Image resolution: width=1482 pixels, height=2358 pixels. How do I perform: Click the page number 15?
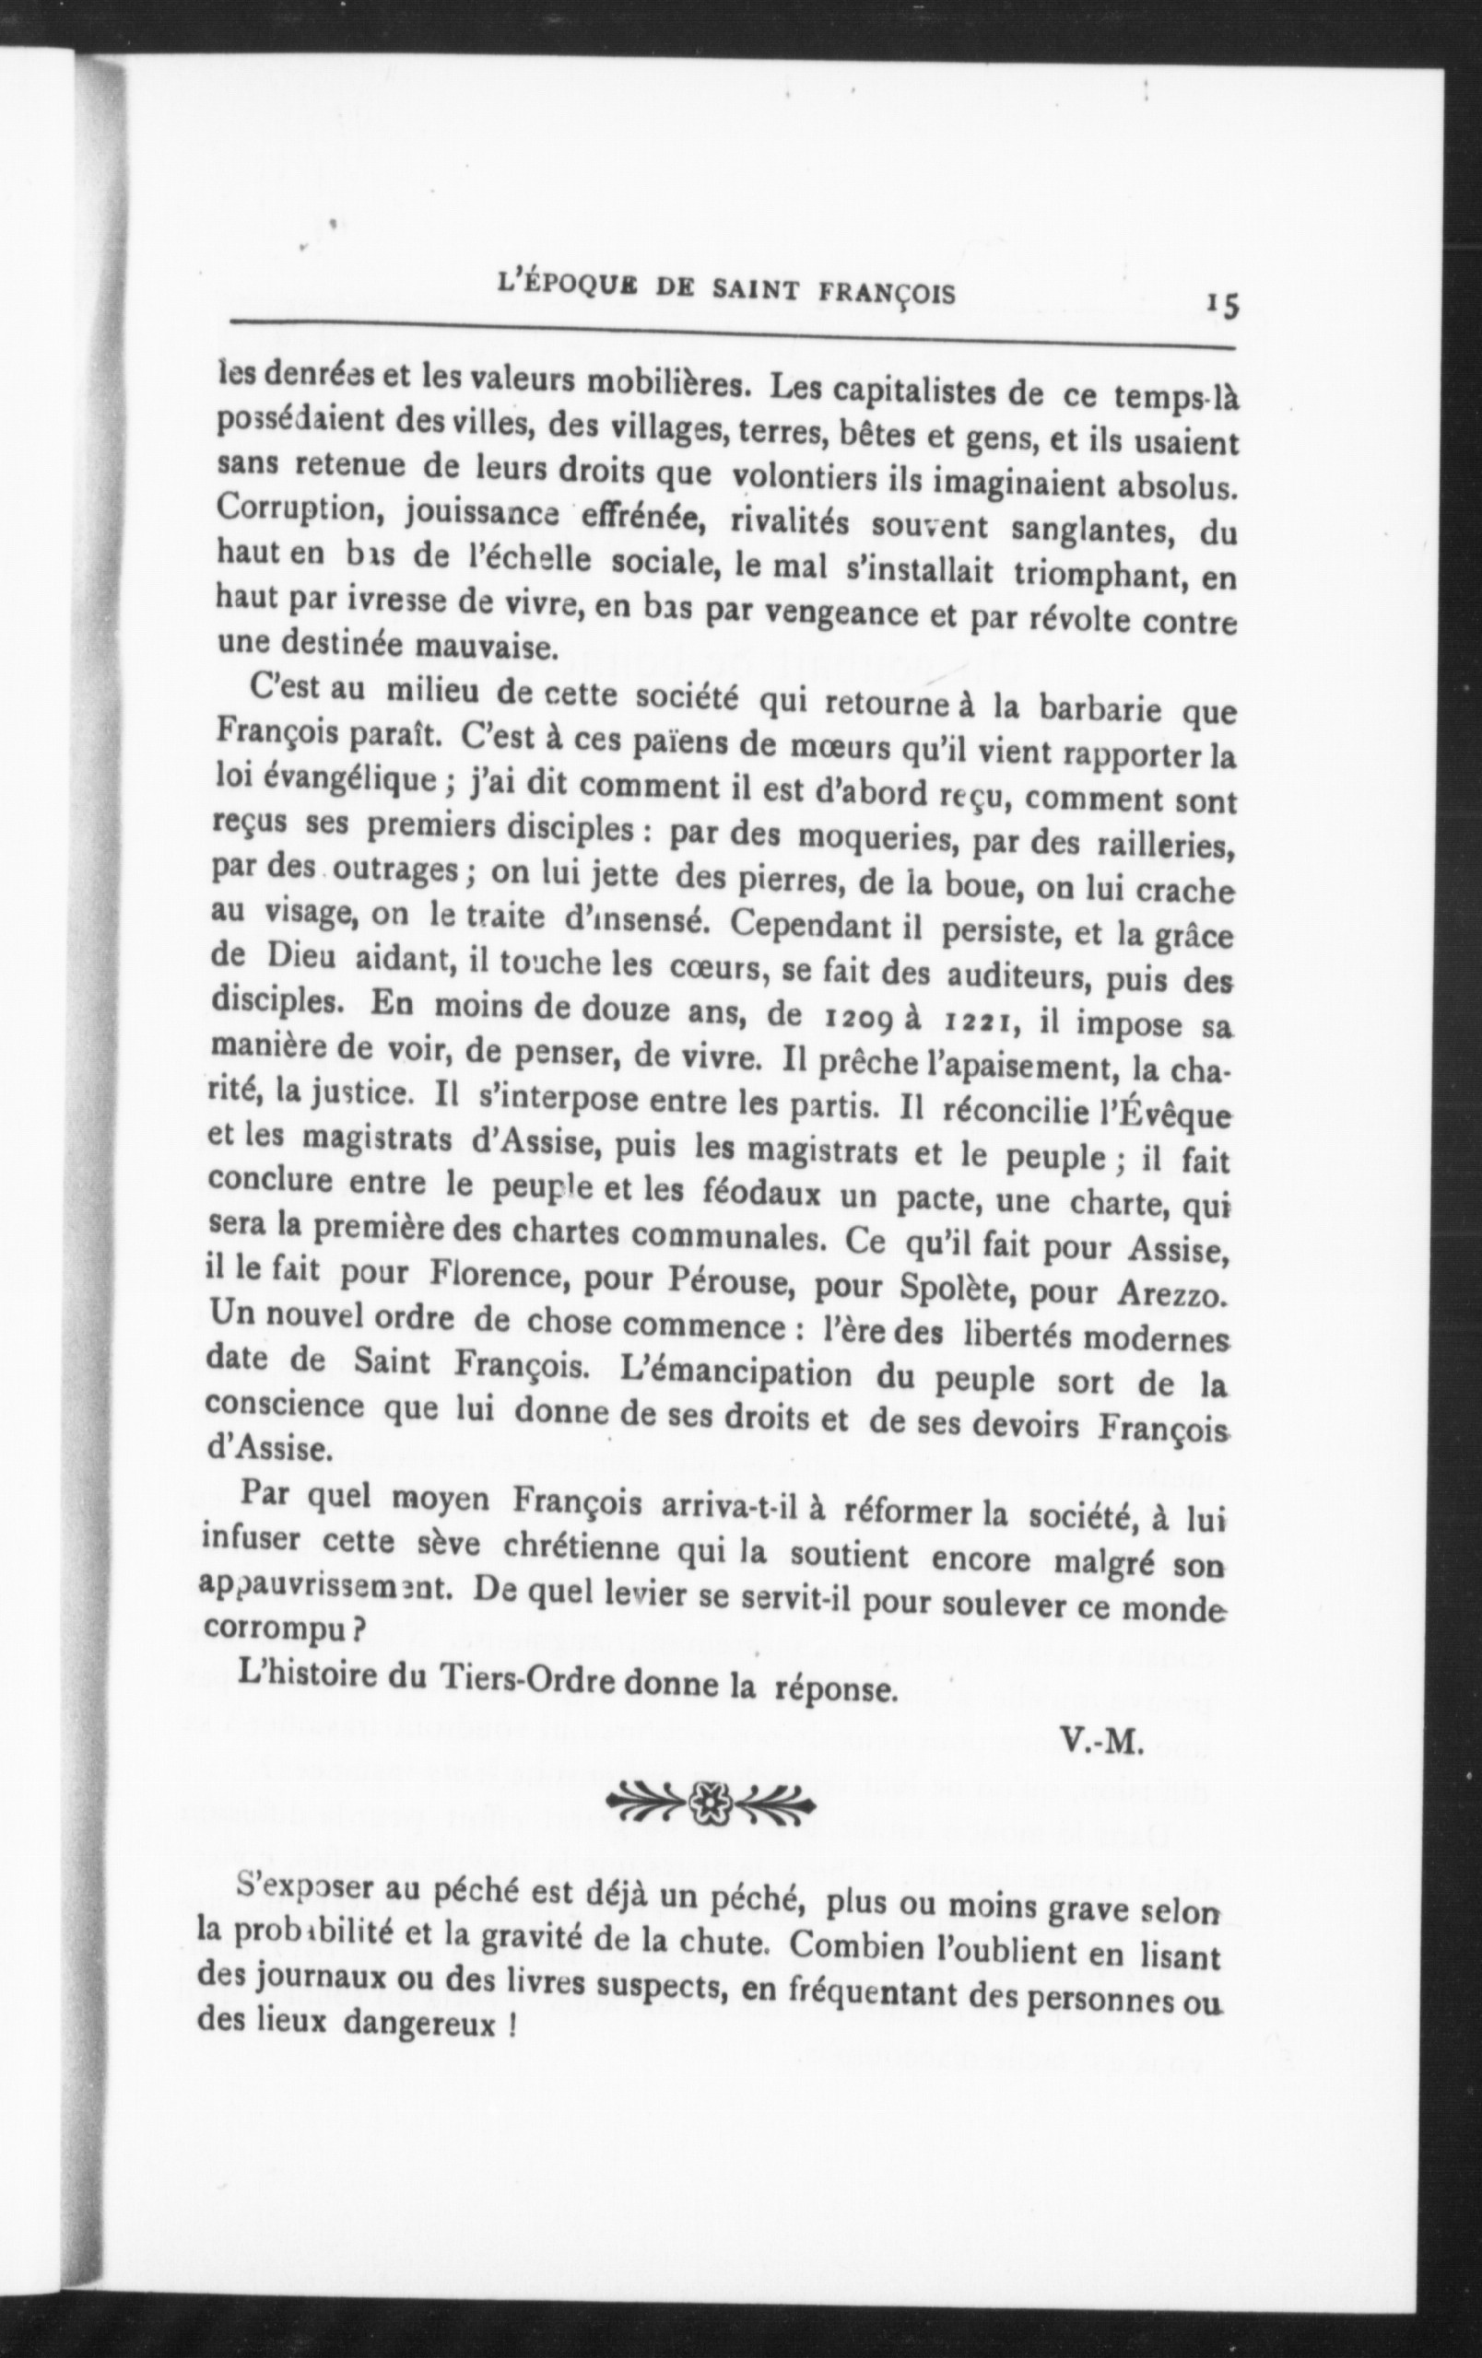1222,306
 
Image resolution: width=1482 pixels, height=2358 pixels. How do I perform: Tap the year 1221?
980,1023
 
